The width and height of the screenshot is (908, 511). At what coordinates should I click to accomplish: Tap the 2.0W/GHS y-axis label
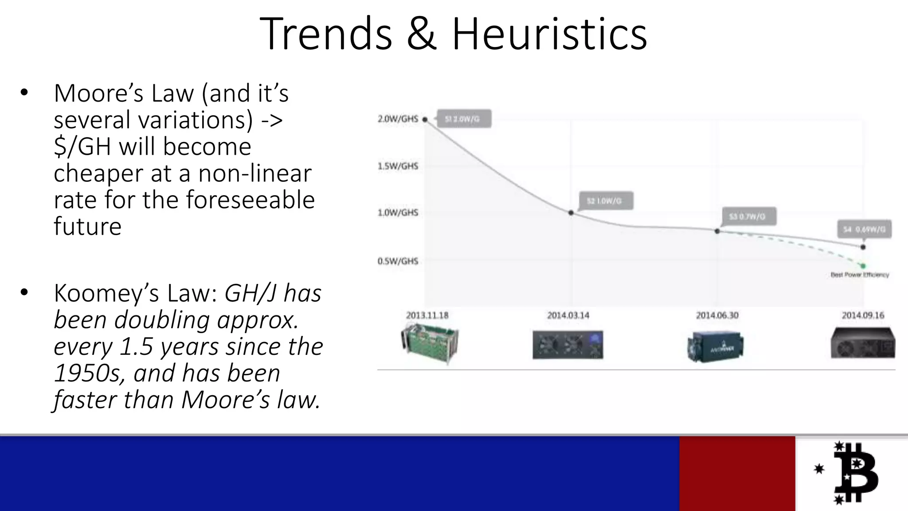coord(398,119)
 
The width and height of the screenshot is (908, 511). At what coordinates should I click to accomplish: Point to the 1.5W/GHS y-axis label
coord(398,166)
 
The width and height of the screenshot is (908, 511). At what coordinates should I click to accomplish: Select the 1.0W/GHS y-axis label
coord(398,213)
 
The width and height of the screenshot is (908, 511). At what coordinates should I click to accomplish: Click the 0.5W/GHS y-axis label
coord(398,261)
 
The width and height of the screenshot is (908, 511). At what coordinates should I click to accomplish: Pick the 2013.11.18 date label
coord(427,315)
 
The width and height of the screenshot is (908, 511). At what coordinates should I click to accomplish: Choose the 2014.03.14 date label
coord(568,315)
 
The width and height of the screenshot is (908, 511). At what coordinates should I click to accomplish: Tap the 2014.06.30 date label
coord(717,315)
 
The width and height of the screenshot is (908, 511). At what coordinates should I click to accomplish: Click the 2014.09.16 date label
coord(863,315)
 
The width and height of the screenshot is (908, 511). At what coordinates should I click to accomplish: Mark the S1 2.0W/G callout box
coord(464,119)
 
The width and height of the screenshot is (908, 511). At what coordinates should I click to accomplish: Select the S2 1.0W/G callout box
coord(606,201)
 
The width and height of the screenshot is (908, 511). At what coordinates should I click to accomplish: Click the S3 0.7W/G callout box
coord(749,216)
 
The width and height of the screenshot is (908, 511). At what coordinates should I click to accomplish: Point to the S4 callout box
coord(864,229)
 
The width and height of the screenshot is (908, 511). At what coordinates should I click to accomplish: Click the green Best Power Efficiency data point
coord(863,266)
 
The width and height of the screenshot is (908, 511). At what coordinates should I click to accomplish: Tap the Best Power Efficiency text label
coord(860,275)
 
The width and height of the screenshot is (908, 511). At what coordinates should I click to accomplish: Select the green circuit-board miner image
coord(429,344)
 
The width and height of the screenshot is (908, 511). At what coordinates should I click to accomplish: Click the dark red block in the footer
coord(737,473)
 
